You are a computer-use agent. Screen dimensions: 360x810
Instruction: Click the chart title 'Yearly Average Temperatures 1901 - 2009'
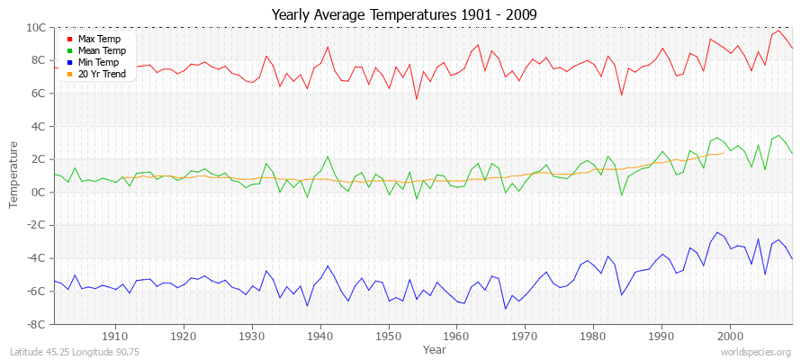click(x=405, y=13)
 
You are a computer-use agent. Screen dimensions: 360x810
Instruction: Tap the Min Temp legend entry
click(x=97, y=63)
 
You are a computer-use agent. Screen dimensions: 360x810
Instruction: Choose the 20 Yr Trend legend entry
click(x=100, y=75)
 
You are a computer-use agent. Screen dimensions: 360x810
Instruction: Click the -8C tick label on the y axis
click(x=37, y=324)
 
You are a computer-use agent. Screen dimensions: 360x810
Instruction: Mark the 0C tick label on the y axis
click(x=40, y=192)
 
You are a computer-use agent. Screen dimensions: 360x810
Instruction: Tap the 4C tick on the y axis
click(x=40, y=126)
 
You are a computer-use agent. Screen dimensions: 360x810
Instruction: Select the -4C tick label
click(x=37, y=258)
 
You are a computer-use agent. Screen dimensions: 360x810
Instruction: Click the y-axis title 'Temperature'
click(x=13, y=175)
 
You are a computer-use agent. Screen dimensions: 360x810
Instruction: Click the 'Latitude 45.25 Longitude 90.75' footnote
click(x=74, y=352)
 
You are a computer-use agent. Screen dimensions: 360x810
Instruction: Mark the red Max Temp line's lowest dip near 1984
click(x=621, y=95)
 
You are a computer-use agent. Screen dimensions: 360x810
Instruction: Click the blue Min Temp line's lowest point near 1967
click(x=505, y=309)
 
